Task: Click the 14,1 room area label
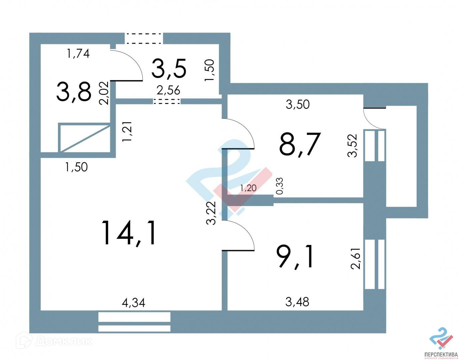point(129,233)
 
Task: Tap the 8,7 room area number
point(300,144)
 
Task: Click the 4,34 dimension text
point(133,303)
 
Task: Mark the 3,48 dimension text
point(297,302)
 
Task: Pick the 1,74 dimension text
point(78,53)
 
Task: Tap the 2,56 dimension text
point(168,90)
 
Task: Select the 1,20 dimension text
point(248,188)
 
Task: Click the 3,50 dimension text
point(298,104)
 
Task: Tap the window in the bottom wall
point(134,322)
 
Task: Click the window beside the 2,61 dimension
point(375,264)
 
